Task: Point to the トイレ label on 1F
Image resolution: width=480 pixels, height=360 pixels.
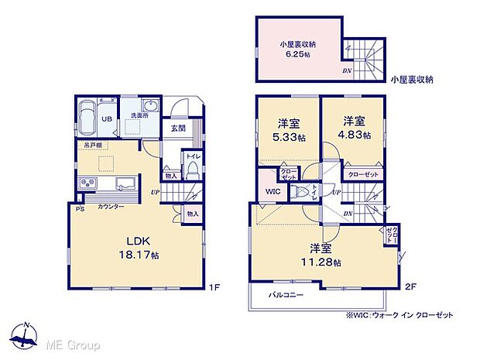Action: pyautogui.click(x=191, y=156)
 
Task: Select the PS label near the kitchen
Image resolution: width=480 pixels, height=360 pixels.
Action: pyautogui.click(x=80, y=207)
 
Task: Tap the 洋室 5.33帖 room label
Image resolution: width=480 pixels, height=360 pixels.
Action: pyautogui.click(x=289, y=129)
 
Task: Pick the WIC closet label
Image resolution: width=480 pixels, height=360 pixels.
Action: pyautogui.click(x=271, y=190)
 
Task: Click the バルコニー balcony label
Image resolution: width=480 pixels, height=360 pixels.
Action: pyautogui.click(x=286, y=296)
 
